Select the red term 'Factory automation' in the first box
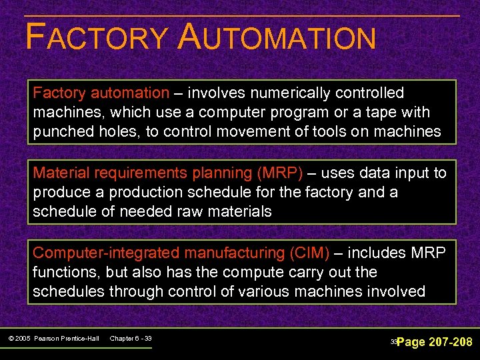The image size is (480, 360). [101, 93]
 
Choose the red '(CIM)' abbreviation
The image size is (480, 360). [309, 253]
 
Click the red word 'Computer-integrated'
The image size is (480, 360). [93, 253]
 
